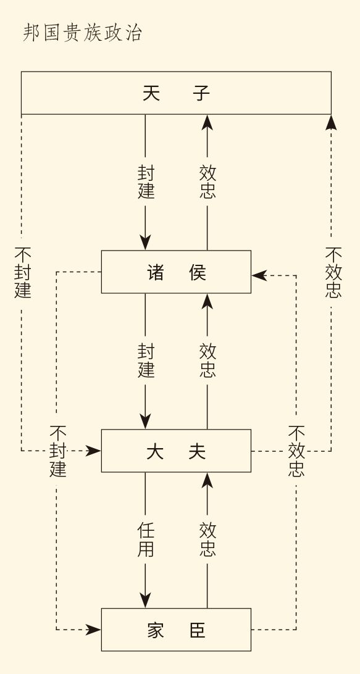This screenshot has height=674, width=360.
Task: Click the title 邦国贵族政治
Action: point(82,33)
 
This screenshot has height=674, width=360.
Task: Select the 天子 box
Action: point(177,93)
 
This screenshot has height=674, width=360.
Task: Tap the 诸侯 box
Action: point(177,272)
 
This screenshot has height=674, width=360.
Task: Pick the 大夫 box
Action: point(177,451)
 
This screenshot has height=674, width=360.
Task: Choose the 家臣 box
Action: point(177,630)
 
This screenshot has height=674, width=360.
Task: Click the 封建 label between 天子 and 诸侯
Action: point(146,182)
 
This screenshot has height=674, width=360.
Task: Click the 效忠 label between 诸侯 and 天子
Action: point(207,182)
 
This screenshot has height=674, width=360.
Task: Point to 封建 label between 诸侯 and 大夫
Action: point(146,360)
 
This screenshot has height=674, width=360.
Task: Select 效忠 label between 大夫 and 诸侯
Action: point(207,360)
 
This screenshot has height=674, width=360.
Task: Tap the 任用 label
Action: point(146,539)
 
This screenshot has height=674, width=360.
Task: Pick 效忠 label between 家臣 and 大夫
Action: point(207,539)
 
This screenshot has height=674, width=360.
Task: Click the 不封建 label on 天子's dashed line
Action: point(22,273)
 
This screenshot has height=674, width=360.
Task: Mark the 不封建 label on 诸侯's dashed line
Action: point(57,451)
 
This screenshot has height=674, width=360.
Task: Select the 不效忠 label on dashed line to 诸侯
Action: point(296,451)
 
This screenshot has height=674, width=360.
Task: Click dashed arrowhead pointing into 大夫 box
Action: point(94,451)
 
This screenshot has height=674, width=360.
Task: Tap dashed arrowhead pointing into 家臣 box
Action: point(94,630)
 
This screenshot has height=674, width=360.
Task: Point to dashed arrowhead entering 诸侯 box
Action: point(259,275)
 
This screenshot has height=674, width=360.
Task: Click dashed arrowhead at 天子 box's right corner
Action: point(331,122)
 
